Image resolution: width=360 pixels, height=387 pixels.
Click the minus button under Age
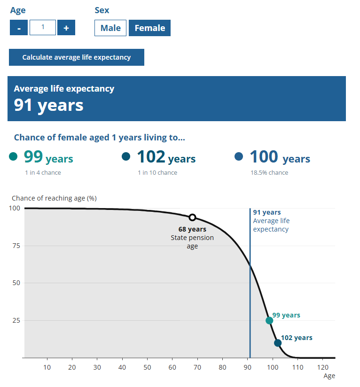pyautogui.click(x=19, y=28)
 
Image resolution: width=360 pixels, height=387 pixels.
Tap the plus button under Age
pyautogui.click(x=66, y=28)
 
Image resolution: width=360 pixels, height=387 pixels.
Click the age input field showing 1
pyautogui.click(x=43, y=28)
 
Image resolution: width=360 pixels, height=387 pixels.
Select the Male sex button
pyautogui.click(x=110, y=28)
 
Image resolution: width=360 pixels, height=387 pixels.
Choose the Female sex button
pyautogui.click(x=150, y=28)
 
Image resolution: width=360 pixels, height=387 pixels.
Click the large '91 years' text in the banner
pyautogui.click(x=48, y=105)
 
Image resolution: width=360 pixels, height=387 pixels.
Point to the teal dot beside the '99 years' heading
pyautogui.click(x=13, y=156)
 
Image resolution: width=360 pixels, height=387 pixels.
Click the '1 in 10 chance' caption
pyautogui.click(x=157, y=172)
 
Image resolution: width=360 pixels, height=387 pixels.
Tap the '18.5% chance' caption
pyautogui.click(x=269, y=172)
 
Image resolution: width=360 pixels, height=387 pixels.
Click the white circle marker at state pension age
pyautogui.click(x=192, y=217)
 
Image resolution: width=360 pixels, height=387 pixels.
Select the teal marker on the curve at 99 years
pyautogui.click(x=269, y=320)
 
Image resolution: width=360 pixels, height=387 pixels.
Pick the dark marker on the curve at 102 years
pyautogui.click(x=278, y=343)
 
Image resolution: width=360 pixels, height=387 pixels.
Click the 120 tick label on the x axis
pyautogui.click(x=322, y=367)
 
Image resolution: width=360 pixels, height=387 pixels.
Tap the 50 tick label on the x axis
pyautogui.click(x=147, y=367)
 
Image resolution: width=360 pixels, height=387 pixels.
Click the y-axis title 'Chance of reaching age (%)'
pyautogui.click(x=54, y=198)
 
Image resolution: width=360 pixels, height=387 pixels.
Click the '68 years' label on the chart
pyautogui.click(x=192, y=229)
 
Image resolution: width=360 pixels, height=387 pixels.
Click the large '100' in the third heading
pyautogui.click(x=264, y=156)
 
